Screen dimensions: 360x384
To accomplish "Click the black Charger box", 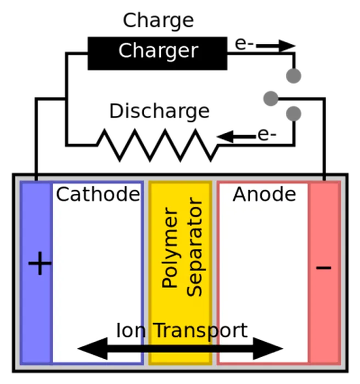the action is (157, 53).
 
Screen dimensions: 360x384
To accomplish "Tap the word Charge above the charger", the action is (158, 21).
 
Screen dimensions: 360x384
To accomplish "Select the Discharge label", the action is (159, 111).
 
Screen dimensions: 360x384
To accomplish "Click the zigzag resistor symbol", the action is (157, 145).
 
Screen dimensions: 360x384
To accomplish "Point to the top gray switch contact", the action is (294, 76).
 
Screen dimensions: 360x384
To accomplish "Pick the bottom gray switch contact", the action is (294, 114).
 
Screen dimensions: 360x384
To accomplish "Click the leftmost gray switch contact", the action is (271, 99).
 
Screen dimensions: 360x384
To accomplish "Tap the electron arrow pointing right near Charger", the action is (275, 46).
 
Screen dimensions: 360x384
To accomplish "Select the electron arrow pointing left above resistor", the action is (237, 137).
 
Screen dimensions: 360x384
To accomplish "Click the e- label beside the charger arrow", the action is (244, 44).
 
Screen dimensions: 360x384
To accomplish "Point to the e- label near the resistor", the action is (267, 134).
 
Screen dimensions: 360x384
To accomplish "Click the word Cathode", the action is (98, 194).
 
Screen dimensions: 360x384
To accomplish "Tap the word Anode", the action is (265, 194).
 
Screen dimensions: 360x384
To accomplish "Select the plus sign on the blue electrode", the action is (40, 263).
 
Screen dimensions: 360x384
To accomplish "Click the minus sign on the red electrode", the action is (324, 267).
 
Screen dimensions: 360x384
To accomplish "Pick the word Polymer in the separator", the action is (170, 247).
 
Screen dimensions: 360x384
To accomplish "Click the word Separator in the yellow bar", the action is (195, 247).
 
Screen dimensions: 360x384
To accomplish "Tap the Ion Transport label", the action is (182, 331).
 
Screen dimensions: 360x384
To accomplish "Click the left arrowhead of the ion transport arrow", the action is (92, 348).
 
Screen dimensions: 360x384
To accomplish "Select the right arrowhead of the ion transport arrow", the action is (268, 348).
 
